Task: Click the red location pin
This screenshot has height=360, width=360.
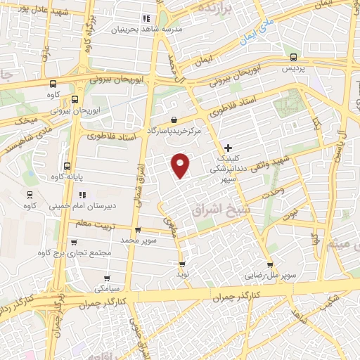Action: tap(181, 165)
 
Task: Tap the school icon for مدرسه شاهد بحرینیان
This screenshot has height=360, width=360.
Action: tap(146, 18)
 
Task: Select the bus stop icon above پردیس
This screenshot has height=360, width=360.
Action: tap(294, 58)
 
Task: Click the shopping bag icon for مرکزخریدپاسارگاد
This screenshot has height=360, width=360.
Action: tap(174, 120)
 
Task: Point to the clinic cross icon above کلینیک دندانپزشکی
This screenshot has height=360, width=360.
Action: tap(228, 148)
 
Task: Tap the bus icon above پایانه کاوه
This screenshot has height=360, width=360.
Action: tap(67, 167)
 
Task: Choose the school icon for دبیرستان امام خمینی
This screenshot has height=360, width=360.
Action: tap(82, 195)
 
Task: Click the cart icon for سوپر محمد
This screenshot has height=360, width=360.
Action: tap(137, 229)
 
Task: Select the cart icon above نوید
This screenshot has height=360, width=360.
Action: tap(183, 265)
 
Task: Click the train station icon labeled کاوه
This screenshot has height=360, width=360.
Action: tap(30, 195)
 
